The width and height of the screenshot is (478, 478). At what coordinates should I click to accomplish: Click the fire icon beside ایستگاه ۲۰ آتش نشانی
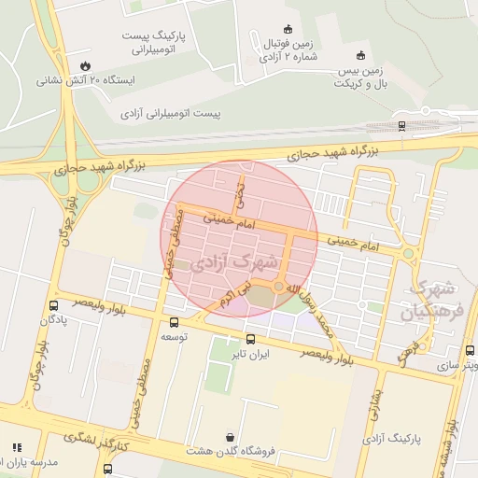tap(87, 65)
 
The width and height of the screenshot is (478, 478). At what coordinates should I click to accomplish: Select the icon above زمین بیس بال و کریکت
tap(360, 54)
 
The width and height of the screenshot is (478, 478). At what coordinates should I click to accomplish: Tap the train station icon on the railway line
tap(401, 124)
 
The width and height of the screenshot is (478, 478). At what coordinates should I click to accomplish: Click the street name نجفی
tap(240, 194)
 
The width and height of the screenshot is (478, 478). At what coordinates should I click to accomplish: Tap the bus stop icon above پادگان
tap(54, 305)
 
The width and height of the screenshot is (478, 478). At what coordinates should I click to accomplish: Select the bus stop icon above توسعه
tap(174, 322)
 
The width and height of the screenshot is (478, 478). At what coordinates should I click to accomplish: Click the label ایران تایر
tap(250, 354)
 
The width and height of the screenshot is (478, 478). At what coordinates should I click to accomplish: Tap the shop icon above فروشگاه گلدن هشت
tap(230, 436)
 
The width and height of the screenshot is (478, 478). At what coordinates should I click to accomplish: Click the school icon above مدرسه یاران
tap(17, 447)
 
